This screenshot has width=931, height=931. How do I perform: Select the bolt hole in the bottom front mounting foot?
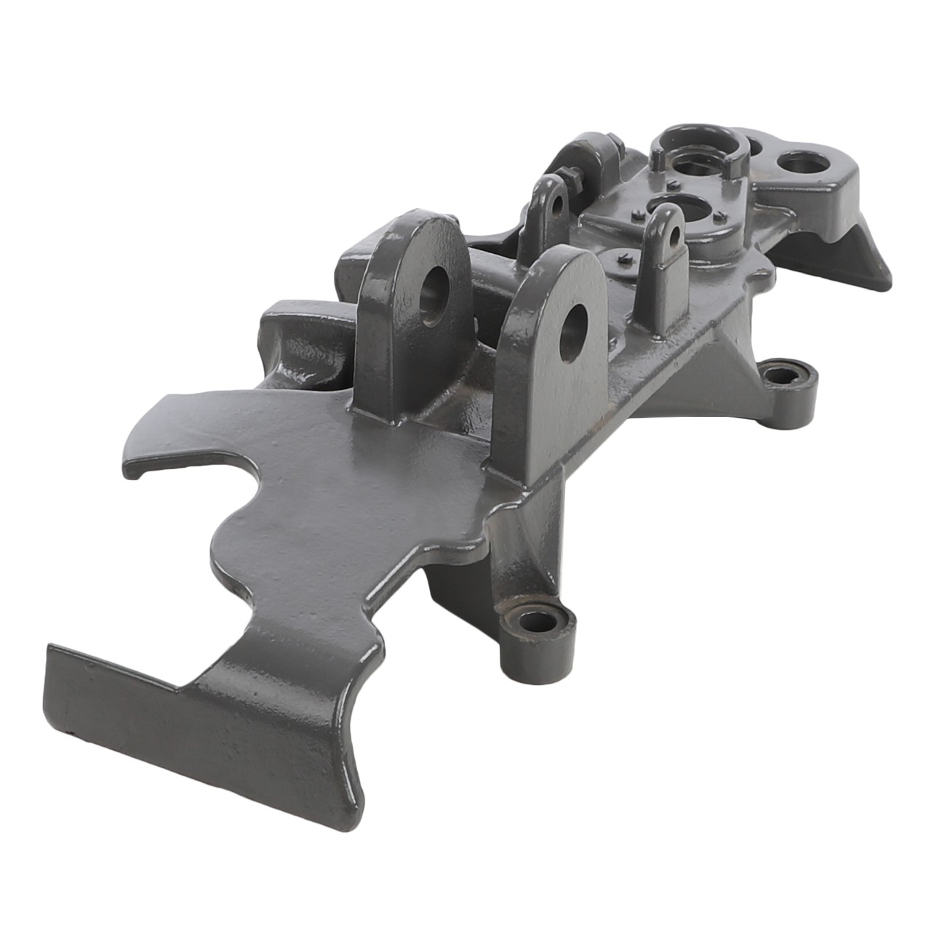click(538, 621)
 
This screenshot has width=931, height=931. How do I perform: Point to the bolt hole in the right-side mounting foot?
click(781, 376)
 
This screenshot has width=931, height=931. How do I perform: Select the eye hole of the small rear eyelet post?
click(557, 201)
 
